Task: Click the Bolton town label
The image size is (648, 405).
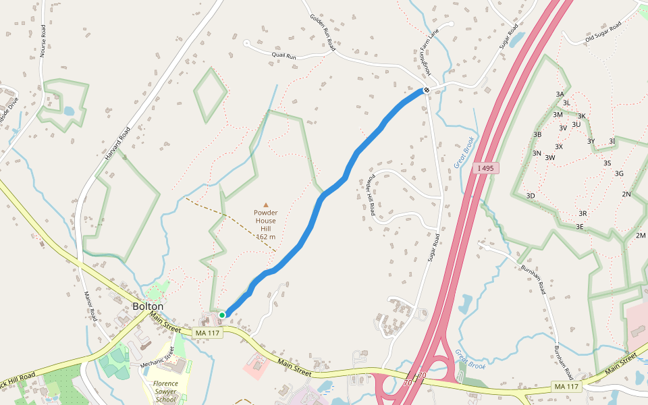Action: tap(148, 306)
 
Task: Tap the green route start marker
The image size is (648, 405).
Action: tap(222, 315)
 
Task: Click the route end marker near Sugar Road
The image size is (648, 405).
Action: tap(427, 90)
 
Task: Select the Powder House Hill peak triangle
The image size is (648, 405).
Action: tap(266, 205)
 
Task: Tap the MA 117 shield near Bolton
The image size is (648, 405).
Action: tap(207, 333)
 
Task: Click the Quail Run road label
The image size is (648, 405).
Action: tap(284, 55)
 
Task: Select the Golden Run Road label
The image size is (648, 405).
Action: tap(323, 32)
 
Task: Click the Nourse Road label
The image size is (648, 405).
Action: tap(43, 40)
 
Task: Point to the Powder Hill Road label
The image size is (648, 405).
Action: tap(371, 195)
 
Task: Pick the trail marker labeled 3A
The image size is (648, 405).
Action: tap(559, 94)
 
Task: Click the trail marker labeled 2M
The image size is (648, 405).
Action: tap(641, 236)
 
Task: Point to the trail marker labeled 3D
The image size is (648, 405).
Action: tap(531, 196)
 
